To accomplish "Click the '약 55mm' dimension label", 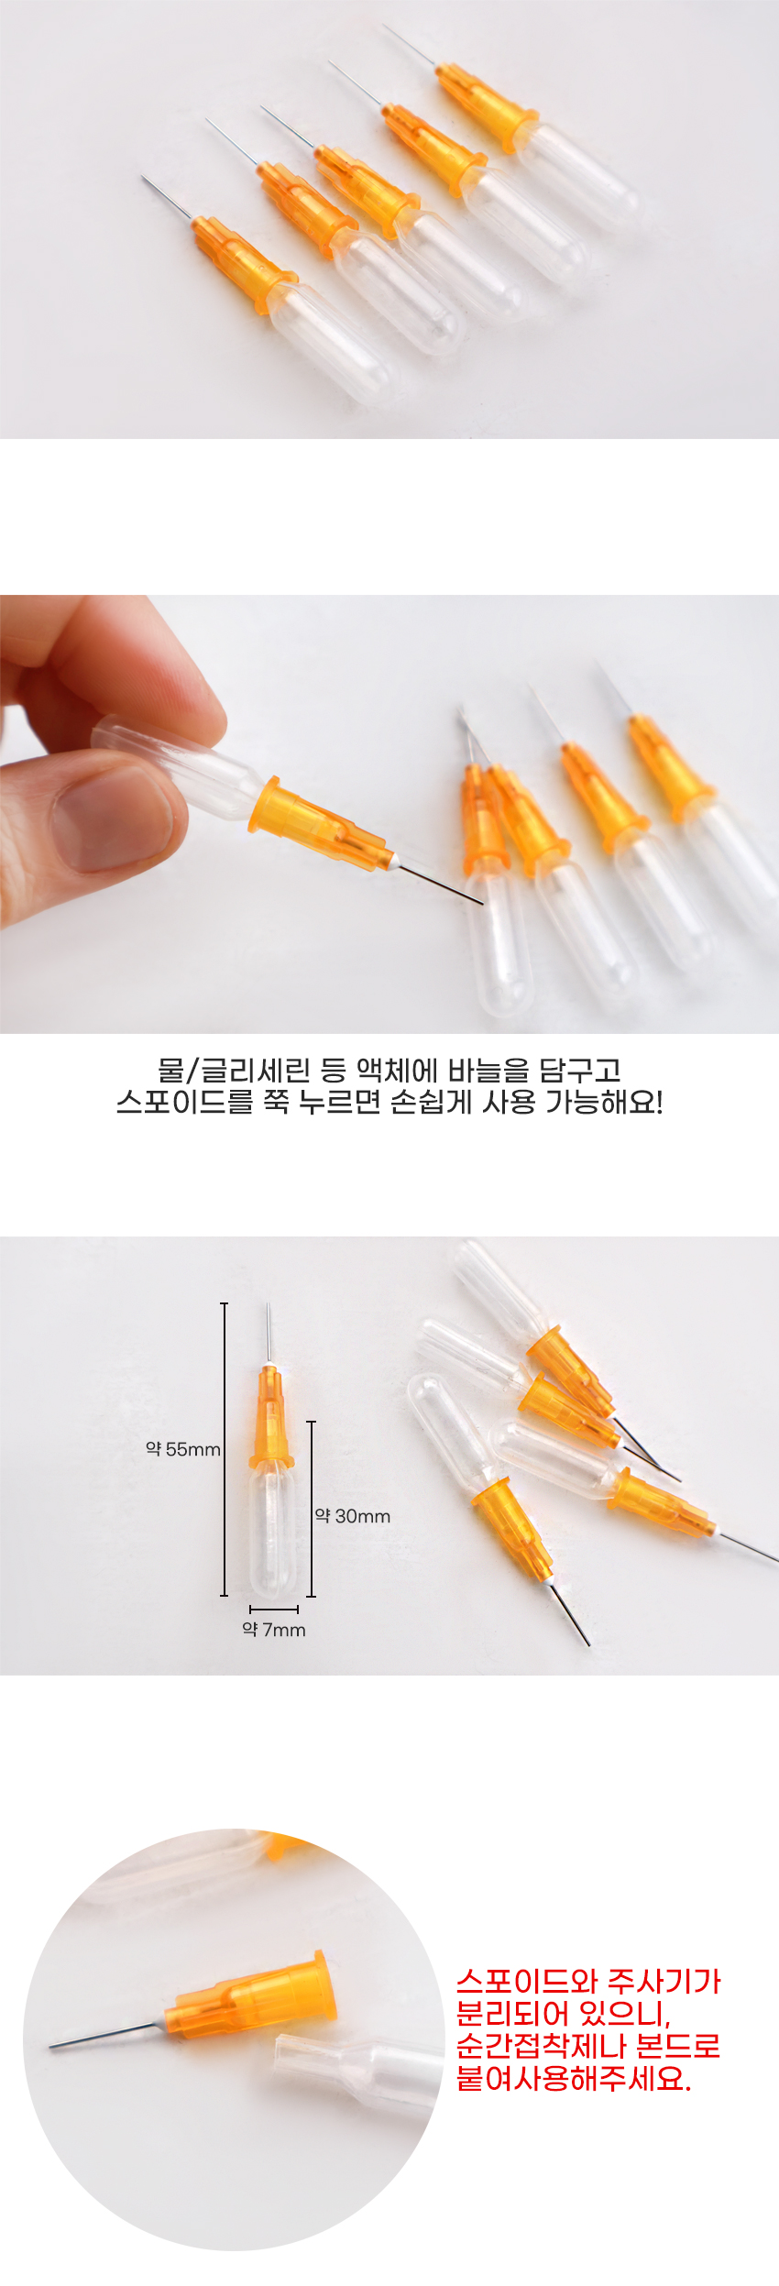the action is (x=183, y=1449).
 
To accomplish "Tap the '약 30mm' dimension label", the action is (x=353, y=1516).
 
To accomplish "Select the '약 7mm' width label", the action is (x=274, y=1629).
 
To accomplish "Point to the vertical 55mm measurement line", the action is (x=225, y=1449).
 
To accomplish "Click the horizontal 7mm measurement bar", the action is (x=274, y=1609).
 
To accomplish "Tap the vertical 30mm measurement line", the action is (x=312, y=1509).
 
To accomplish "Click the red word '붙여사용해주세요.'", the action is (x=574, y=2078).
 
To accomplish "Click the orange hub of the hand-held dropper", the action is (x=322, y=825).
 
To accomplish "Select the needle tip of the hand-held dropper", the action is (x=482, y=904).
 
